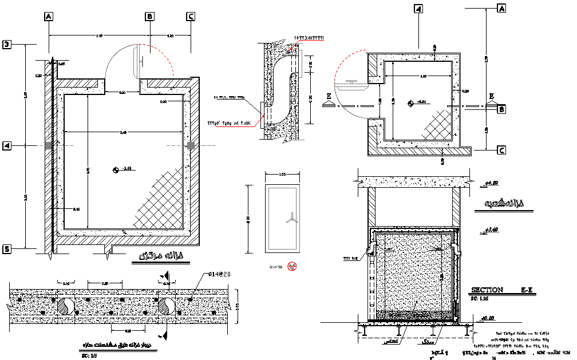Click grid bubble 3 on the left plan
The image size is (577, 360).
7,45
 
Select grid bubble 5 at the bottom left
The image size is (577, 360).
7,249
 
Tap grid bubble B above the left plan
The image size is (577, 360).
149,17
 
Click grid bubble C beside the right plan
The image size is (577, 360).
502,151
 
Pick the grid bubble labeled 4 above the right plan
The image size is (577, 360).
418,9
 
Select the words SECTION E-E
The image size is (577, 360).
501,290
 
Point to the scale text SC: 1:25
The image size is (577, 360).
480,299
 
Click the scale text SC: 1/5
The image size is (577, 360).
90,355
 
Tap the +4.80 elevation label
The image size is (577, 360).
492,183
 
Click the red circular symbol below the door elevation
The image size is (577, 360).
293,266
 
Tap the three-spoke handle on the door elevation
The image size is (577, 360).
291,217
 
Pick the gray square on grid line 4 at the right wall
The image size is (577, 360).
191,146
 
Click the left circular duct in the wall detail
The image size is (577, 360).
64,306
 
